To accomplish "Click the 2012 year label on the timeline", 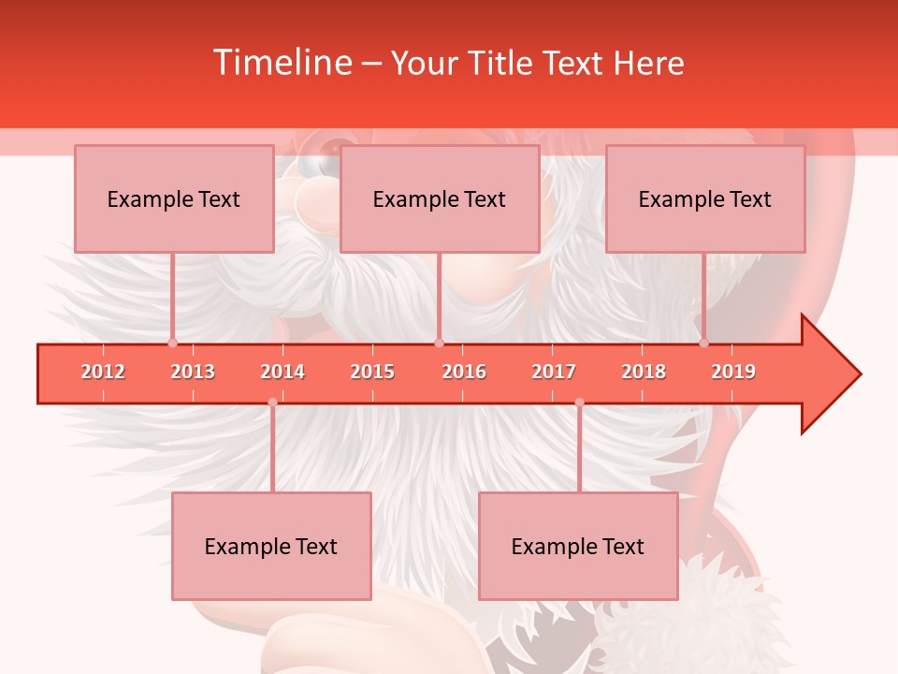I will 103,372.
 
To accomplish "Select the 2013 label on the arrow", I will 193,372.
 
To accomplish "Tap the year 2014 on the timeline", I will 282,372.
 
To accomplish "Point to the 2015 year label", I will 372,372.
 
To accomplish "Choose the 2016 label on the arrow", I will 464,372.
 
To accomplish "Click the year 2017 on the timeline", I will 554,372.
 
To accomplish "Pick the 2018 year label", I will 644,372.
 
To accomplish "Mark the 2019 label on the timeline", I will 733,372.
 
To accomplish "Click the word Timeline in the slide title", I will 281,63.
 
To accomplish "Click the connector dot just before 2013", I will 172,343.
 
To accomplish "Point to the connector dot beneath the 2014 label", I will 272,403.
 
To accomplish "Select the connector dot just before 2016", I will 439,343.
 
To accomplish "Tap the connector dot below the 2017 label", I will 579,403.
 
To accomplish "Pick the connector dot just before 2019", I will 703,343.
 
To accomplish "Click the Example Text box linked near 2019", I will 705,199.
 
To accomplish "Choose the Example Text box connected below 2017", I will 578,546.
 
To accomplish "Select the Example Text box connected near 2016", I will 440,199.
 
